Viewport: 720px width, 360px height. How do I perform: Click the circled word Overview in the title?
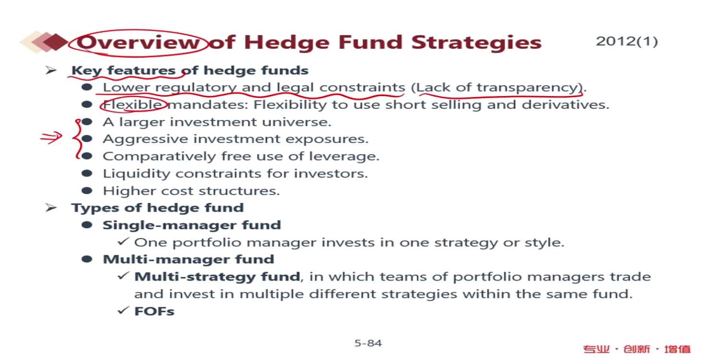point(138,42)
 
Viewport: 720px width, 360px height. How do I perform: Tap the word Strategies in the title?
point(476,43)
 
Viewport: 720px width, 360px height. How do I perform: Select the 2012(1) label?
point(627,41)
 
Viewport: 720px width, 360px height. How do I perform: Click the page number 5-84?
point(368,343)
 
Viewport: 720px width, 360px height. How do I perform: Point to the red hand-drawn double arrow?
point(51,138)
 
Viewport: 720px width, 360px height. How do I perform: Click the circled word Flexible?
point(132,105)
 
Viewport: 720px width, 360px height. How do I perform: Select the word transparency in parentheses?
point(528,87)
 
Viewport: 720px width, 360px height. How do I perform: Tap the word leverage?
point(344,156)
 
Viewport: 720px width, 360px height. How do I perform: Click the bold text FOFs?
point(154,311)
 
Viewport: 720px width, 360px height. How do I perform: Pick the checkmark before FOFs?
point(123,310)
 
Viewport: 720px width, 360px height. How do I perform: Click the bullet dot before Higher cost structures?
point(87,191)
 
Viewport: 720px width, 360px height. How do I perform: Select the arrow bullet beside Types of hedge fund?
point(51,207)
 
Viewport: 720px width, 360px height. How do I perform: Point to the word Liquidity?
point(137,174)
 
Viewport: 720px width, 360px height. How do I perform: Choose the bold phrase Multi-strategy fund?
point(217,277)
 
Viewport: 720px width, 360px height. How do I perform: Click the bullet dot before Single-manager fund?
point(87,225)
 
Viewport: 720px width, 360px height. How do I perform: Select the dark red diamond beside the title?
point(55,42)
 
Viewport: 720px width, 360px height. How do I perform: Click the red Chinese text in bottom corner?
point(637,349)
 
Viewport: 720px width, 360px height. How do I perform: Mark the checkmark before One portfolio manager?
point(123,241)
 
